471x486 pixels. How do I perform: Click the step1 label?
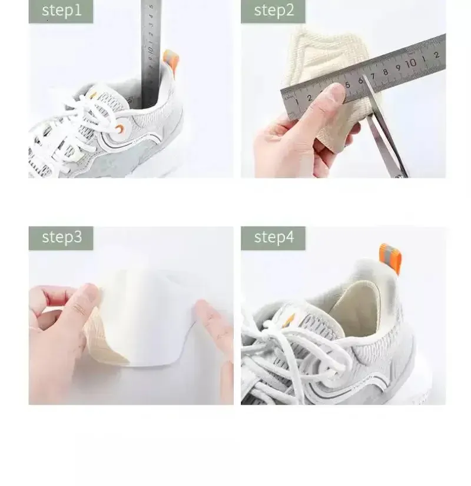point(61,11)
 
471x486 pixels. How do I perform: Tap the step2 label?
point(273,11)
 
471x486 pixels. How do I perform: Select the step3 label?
point(61,237)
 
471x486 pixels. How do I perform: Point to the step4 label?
point(273,237)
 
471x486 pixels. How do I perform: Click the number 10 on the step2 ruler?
point(411,62)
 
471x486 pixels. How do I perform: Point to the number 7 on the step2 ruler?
point(373,75)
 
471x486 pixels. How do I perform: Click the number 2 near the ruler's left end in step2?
point(310,98)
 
